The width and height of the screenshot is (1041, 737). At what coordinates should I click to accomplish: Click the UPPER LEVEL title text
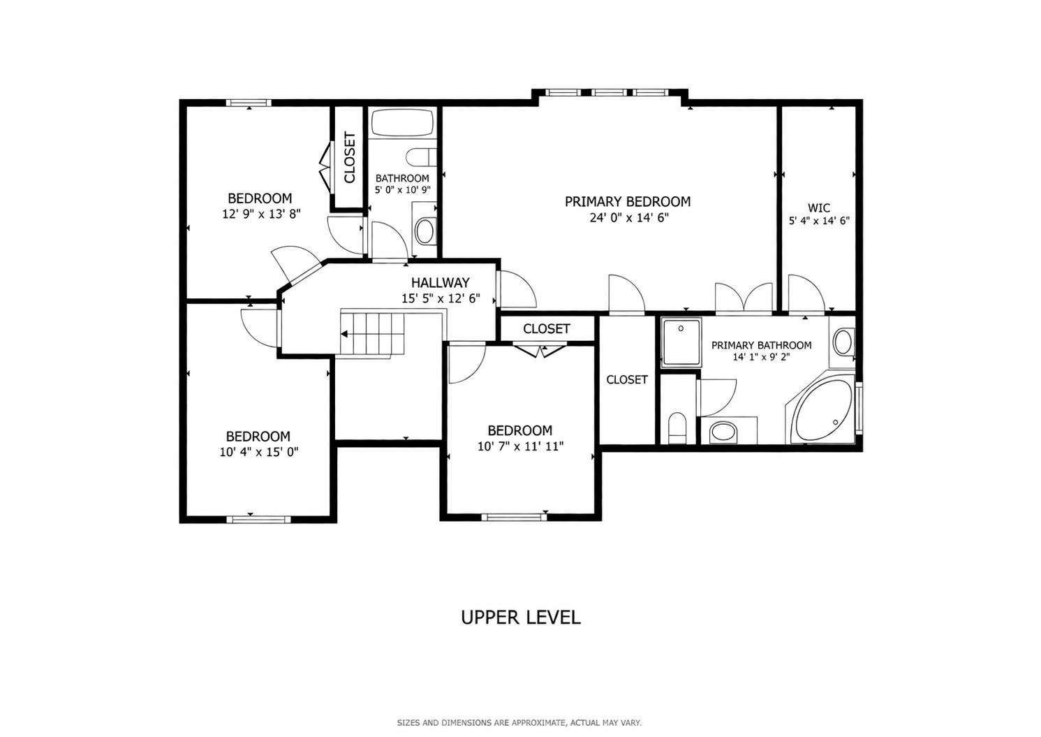coord(520,618)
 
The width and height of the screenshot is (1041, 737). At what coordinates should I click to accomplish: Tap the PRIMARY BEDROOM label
coord(628,202)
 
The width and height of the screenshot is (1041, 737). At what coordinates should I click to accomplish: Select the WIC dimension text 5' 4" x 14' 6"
coord(819,221)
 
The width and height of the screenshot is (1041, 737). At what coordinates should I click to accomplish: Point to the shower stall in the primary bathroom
coord(681,342)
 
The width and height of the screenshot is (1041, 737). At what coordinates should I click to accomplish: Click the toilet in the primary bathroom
coord(677,428)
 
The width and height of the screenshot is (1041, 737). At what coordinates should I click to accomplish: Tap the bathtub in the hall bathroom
coord(401,123)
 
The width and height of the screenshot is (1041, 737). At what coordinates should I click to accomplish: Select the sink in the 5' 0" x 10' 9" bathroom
coord(424,230)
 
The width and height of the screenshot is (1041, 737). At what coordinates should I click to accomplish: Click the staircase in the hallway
coord(373,334)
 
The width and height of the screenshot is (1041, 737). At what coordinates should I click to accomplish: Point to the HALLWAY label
coord(440,283)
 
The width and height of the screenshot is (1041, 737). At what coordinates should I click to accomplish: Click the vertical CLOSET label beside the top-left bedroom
coord(349,157)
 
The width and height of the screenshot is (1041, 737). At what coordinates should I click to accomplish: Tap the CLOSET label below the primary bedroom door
coord(547,329)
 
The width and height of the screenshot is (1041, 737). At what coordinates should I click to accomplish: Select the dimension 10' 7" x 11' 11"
coord(520,446)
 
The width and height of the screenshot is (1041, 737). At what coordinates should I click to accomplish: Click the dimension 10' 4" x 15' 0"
coord(258,452)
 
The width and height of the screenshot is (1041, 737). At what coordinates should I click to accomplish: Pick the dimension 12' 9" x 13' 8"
coord(261,214)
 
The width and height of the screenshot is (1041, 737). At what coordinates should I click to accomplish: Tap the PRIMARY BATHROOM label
coord(761,345)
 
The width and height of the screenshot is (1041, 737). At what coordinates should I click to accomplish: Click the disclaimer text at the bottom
coord(519,723)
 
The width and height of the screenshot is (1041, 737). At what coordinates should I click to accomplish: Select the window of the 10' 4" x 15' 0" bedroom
coord(258,519)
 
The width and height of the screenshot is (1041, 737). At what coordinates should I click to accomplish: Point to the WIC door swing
coord(806,293)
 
